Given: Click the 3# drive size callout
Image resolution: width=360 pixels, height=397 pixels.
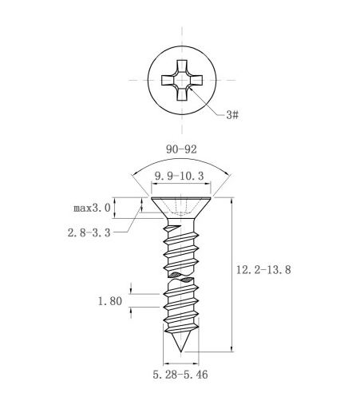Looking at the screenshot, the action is pos(232,115).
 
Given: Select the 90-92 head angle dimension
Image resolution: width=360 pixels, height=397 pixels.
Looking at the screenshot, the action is pos(181,149).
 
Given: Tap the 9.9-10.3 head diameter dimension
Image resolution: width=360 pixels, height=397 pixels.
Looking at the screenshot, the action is pos(180,176).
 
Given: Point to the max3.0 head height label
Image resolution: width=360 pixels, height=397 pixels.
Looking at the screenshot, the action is pos(92,208).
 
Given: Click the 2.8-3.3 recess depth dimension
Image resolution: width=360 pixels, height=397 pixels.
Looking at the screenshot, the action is pos(89,232).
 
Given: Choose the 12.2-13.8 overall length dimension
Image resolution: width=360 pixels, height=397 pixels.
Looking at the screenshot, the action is pos(263,270).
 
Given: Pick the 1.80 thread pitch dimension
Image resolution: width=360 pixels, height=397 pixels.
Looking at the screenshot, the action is pos(110,301).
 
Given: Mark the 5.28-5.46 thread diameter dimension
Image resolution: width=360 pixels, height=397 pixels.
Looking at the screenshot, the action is pos(180,375).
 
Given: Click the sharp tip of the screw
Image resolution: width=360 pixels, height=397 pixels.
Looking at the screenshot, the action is pos(181,351).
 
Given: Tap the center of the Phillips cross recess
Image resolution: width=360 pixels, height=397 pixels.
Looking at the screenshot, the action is pos(182,80).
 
